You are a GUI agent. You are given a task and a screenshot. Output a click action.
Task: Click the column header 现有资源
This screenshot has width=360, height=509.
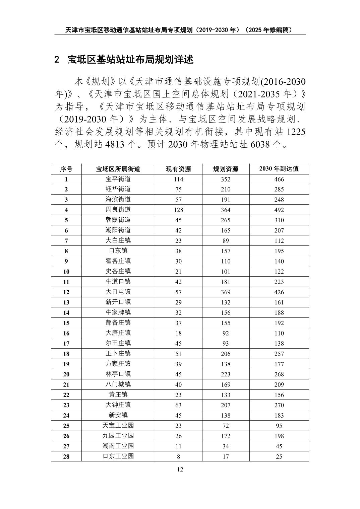click(x=178, y=169)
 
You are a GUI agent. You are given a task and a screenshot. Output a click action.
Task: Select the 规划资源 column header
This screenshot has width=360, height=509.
click(x=226, y=169)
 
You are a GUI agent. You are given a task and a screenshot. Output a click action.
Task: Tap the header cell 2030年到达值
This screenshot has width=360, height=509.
click(x=279, y=169)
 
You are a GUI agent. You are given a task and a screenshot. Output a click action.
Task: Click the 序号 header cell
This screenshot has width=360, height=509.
click(x=66, y=169)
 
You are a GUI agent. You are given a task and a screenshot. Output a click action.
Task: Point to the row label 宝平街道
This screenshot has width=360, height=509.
click(x=118, y=179)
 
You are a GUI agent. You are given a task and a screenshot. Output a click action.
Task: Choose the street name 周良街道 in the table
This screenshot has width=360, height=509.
click(x=118, y=210)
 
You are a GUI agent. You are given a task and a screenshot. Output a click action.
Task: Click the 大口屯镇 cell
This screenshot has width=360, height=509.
click(x=118, y=292)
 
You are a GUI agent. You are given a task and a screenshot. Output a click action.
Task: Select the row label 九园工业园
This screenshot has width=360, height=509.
click(x=118, y=436)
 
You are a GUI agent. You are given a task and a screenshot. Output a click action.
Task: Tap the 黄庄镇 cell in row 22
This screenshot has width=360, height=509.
click(x=118, y=394)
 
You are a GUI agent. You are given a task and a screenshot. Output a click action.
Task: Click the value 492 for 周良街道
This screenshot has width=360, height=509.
click(x=279, y=210)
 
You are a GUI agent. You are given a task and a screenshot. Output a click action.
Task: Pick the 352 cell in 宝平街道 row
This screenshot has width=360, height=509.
click(x=226, y=179)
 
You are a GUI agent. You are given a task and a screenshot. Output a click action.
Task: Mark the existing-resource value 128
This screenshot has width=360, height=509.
click(x=178, y=210)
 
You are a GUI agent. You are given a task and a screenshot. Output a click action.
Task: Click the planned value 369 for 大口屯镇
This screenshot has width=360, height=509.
click(x=226, y=292)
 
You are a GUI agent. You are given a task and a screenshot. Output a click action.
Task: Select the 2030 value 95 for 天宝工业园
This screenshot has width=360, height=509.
click(x=279, y=426)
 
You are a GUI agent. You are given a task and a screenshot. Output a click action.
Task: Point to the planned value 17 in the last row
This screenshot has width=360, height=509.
click(x=226, y=456)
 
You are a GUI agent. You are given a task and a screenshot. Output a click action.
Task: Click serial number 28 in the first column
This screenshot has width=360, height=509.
click(x=66, y=456)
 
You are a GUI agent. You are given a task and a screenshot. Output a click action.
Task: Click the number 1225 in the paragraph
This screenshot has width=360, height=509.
click(x=296, y=132)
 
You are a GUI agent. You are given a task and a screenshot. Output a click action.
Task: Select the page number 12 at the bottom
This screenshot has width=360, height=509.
click(x=180, y=469)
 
